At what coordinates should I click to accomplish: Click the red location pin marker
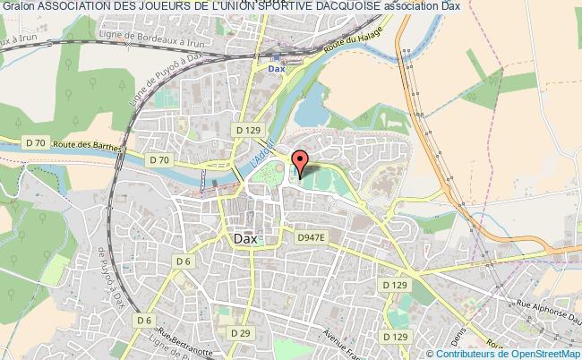coord(302,162)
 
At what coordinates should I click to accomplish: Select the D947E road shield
coord(310,237)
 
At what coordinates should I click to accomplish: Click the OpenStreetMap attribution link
coord(544,352)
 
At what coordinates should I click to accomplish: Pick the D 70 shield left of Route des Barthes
coord(35,142)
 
